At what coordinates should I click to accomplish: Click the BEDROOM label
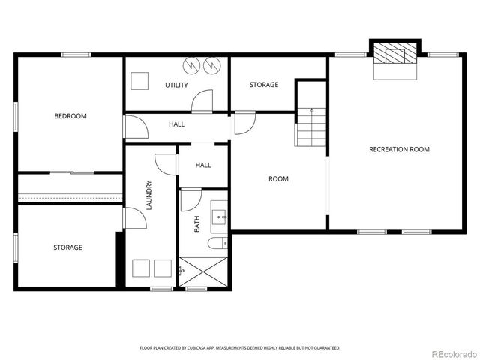tap(70, 116)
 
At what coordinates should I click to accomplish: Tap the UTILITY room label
tap(176, 85)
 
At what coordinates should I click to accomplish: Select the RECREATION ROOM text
tap(399, 149)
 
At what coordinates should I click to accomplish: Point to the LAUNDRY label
tap(149, 194)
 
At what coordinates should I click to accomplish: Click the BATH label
tap(197, 223)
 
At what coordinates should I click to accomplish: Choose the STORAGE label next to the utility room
tap(264, 85)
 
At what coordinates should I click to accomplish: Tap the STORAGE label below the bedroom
tap(67, 247)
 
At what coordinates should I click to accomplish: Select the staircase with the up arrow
tap(312, 127)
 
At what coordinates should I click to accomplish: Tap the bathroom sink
tap(220, 217)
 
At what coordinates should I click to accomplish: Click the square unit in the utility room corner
tap(139, 80)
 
